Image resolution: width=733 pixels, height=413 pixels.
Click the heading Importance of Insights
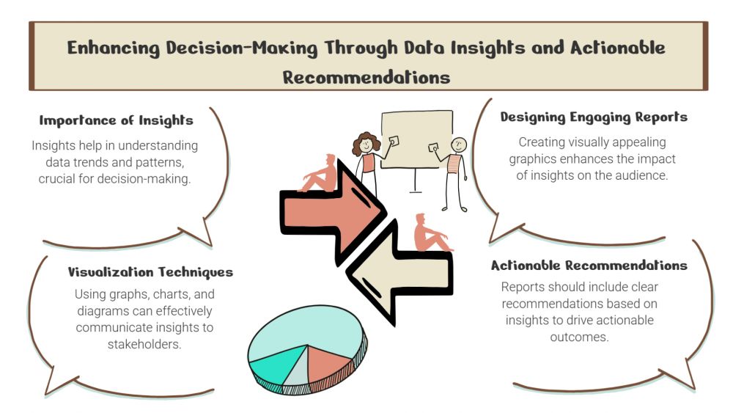(x=116, y=121)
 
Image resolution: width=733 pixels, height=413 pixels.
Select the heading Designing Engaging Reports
(x=594, y=117)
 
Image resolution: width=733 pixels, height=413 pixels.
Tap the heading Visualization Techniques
(x=150, y=272)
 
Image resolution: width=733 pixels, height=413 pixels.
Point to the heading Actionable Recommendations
(x=589, y=266)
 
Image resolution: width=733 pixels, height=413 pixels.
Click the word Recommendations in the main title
(x=366, y=78)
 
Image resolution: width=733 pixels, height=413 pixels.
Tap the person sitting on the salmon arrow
(x=320, y=173)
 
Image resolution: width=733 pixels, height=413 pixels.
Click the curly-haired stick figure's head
(x=366, y=143)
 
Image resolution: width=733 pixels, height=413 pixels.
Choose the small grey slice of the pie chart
(x=296, y=370)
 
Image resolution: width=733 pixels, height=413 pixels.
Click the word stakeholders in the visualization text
(x=144, y=345)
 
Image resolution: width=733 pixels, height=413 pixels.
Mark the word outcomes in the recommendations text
(x=579, y=337)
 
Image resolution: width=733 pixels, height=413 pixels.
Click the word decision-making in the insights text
(x=144, y=179)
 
